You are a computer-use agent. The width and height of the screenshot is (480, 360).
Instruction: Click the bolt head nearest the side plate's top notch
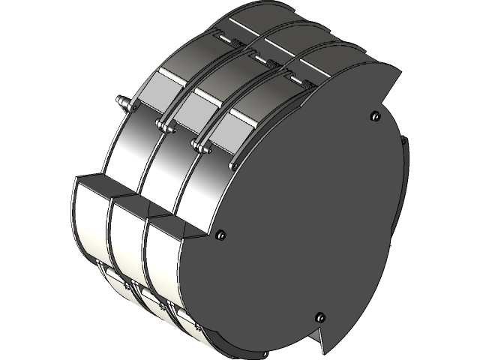point(374,115)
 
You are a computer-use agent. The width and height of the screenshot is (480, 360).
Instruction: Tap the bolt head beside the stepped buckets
point(220,234)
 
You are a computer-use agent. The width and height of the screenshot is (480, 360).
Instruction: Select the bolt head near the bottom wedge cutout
point(320,315)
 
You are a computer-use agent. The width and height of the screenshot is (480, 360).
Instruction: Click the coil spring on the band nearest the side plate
point(305,84)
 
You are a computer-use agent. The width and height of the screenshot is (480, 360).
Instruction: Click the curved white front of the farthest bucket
point(88,217)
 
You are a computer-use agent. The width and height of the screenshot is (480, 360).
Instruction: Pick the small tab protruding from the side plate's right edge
point(404,139)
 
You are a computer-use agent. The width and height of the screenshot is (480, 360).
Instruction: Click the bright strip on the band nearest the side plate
point(251,120)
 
